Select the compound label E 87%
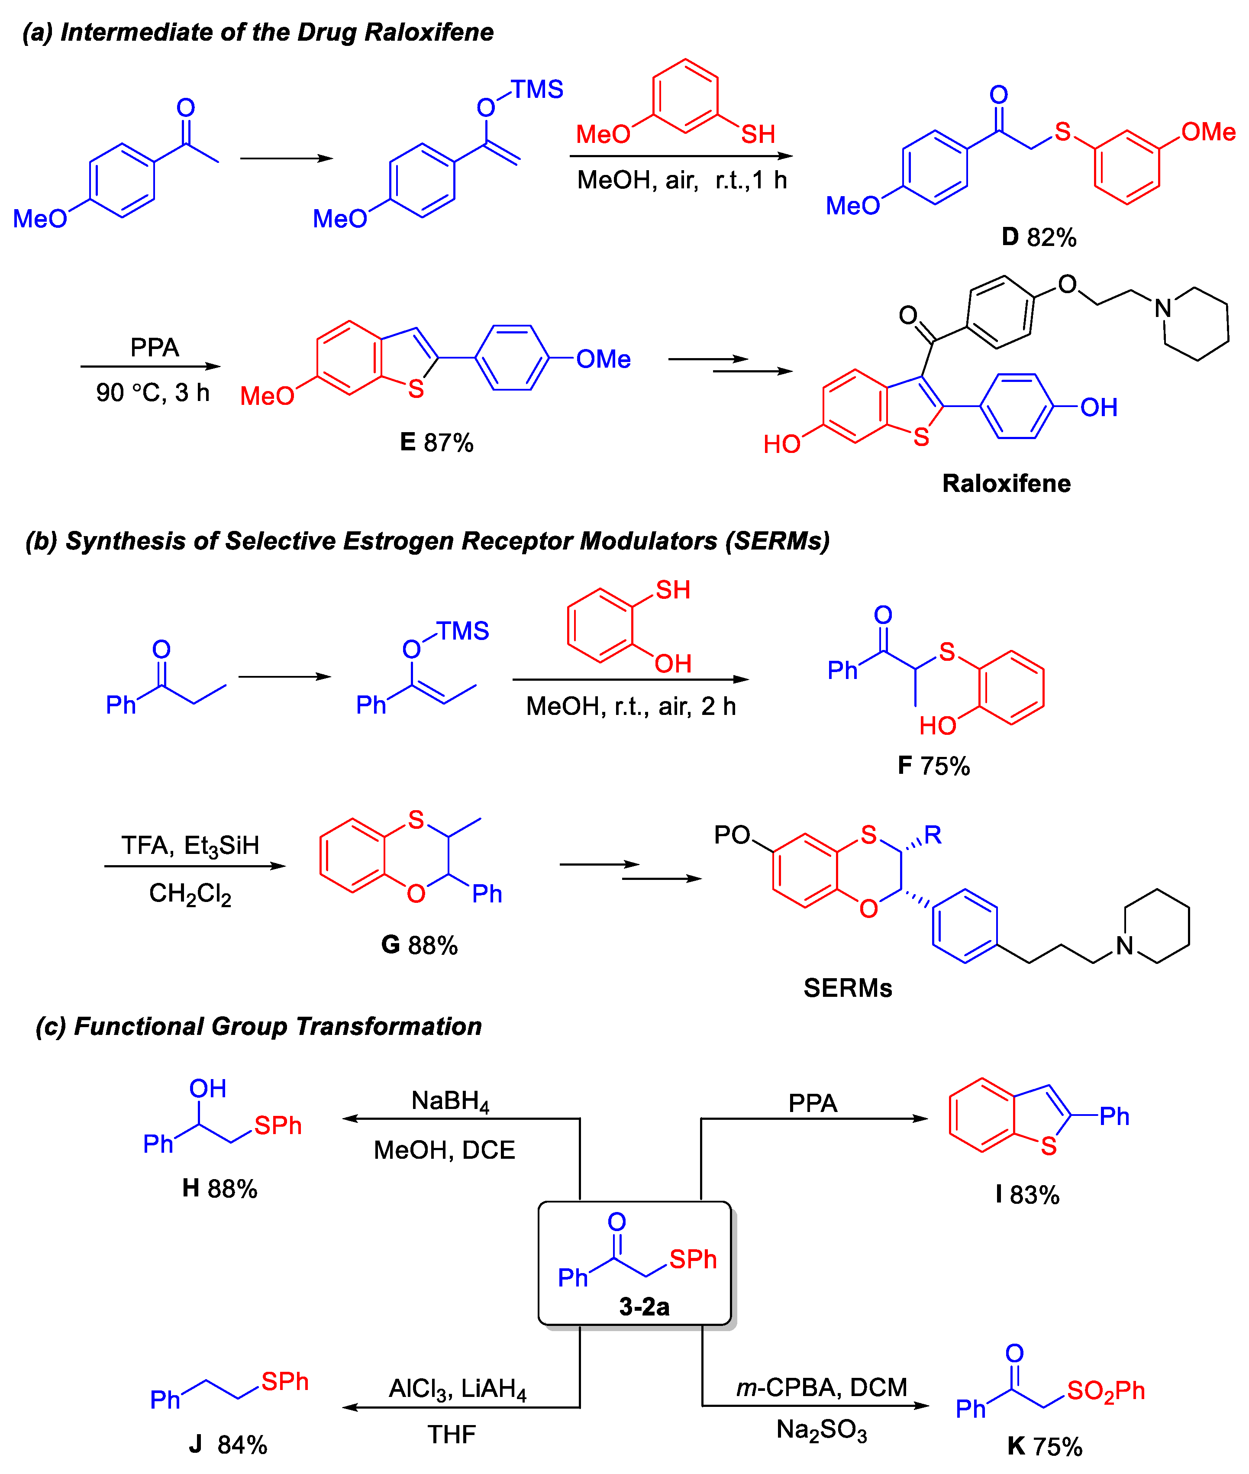coord(436,442)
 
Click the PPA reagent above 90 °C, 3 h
coord(155,347)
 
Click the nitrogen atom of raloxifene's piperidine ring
coord(1162,308)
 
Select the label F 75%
coord(933,766)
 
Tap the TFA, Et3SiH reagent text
coord(190,845)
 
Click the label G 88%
coord(419,945)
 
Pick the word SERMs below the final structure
coord(848,988)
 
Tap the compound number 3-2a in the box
coord(644,1306)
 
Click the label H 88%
coord(219,1188)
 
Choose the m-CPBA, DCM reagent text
coord(821,1387)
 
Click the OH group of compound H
coord(207,1089)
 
